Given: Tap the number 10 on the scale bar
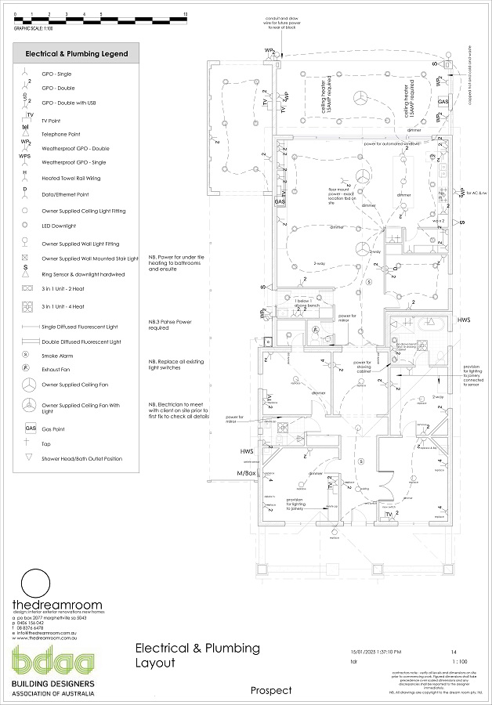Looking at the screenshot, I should pyautogui.click(x=184, y=14).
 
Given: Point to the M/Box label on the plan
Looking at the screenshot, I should pyautogui.click(x=247, y=475).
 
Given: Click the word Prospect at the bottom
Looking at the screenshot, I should pyautogui.click(x=271, y=690).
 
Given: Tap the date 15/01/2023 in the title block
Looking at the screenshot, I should pyautogui.click(x=365, y=652).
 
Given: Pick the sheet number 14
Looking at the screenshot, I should pyautogui.click(x=454, y=652).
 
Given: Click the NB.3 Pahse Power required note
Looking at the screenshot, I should pyautogui.click(x=170, y=325).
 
